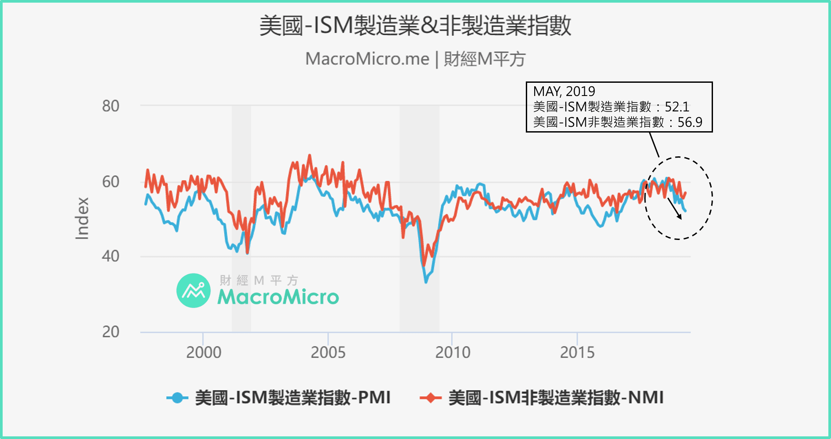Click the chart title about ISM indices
pos(415,26)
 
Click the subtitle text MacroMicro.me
pos(367,59)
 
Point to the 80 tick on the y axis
pos(111,106)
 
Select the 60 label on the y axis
pos(111,181)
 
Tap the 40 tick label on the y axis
pos(111,256)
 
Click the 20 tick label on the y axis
pos(111,332)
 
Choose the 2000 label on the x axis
pos(203,352)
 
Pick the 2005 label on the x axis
pos(328,352)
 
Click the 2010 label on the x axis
pos(453,352)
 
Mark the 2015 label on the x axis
pos(577,352)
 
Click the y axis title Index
pos(82,218)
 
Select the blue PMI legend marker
pos(177,398)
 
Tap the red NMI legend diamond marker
pos(430,398)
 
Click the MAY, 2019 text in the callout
pos(564,92)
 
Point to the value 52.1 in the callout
pos(677,107)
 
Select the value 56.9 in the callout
pos(690,122)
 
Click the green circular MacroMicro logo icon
pos(193,291)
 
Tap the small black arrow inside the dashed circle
pos(675,209)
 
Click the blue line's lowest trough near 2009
pos(426,281)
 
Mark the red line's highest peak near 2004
pos(309,155)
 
